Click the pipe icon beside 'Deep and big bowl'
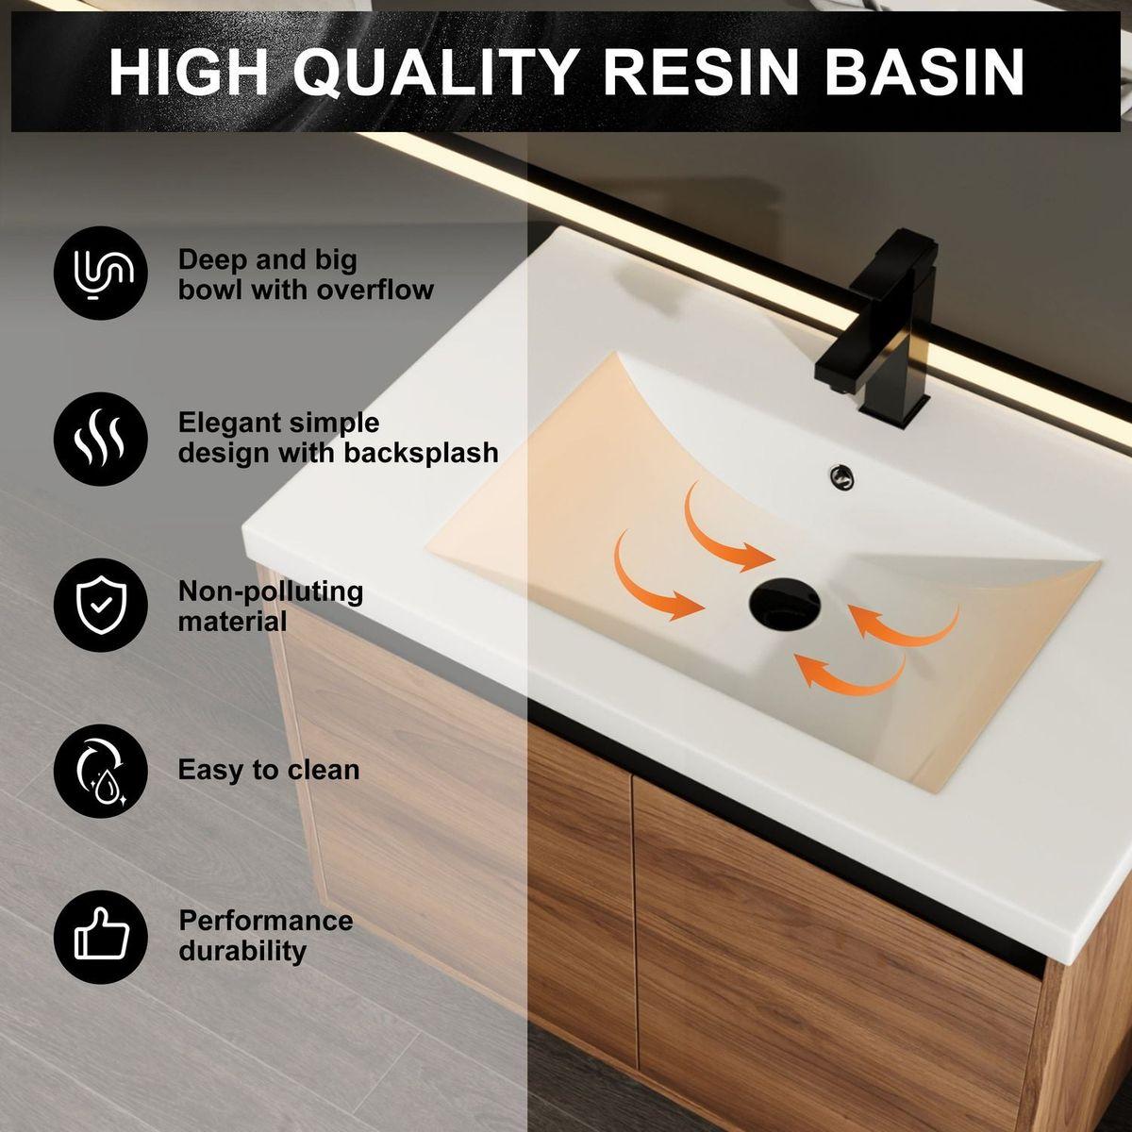[x=100, y=273]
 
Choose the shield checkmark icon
[x=100, y=605]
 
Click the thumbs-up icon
[x=100, y=937]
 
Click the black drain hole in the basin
[x=786, y=604]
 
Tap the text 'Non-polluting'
[x=271, y=591]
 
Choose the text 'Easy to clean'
[x=269, y=770]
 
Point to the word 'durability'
[x=242, y=950]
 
